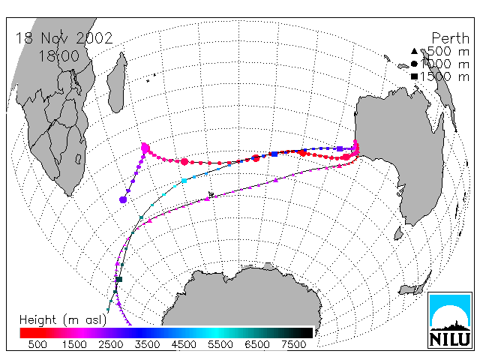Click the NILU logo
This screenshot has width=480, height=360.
(450, 320)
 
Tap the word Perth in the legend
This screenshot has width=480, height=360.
(450, 38)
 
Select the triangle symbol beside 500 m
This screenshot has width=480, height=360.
(414, 51)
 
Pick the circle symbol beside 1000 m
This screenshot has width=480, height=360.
(414, 64)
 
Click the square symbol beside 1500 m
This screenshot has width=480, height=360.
(414, 76)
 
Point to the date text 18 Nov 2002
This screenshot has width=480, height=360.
(64, 38)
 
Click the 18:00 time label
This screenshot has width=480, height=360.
(58, 56)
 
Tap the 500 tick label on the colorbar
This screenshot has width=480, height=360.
(37, 345)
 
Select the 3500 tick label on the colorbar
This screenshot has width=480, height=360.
(147, 345)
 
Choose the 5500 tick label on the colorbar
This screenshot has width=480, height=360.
(220, 345)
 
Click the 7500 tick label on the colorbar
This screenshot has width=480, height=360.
(293, 345)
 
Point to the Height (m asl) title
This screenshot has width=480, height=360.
(63, 320)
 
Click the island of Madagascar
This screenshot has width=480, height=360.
(117, 82)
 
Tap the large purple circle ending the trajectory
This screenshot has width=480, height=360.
(123, 199)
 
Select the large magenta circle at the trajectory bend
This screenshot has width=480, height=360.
(145, 148)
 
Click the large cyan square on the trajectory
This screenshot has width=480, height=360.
(184, 181)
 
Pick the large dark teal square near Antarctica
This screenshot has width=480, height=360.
(119, 279)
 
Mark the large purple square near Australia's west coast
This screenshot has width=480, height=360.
(340, 148)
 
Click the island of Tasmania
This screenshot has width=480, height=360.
(398, 233)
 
